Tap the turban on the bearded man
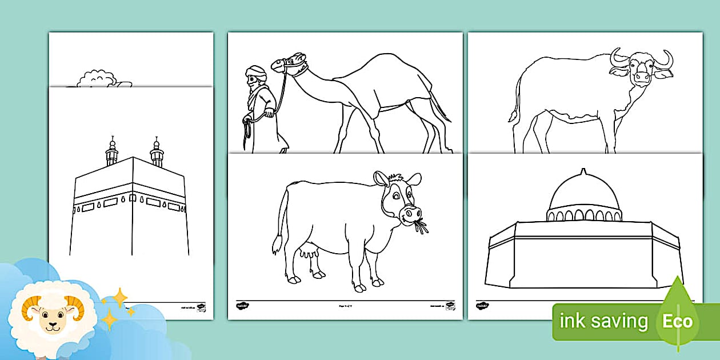[256, 72]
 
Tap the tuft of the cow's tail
[277, 246]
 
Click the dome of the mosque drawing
[583, 194]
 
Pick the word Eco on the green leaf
[677, 321]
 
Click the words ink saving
[603, 321]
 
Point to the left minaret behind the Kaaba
[112, 151]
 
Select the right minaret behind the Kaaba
[157, 151]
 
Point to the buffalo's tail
[514, 103]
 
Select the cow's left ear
[381, 179]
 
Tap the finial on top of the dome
[583, 173]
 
